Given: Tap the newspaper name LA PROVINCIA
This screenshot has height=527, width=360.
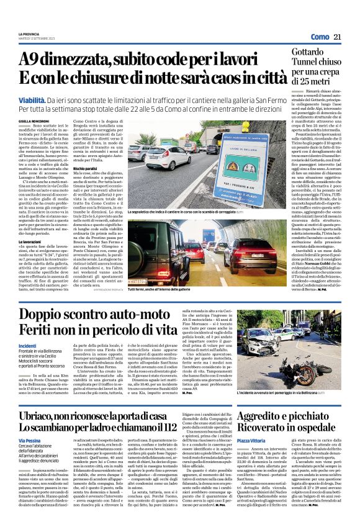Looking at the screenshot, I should coord(30,34).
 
